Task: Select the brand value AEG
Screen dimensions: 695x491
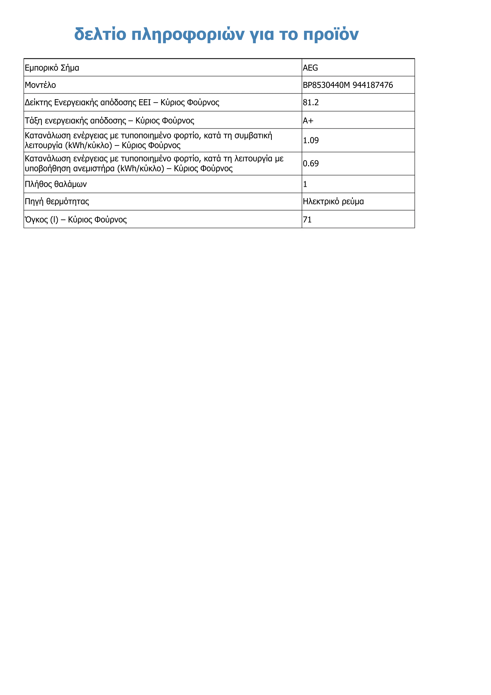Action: coord(310,68)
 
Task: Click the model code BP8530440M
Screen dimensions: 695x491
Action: coord(326,85)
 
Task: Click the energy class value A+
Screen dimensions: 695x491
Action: coord(308,121)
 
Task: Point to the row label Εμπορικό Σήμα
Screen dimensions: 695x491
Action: coord(52,68)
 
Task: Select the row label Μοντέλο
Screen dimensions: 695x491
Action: coord(40,85)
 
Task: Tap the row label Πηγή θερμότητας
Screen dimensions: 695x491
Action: coord(57,202)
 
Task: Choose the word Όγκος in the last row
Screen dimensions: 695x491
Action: coord(36,220)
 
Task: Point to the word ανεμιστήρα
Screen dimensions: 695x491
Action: coord(94,169)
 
